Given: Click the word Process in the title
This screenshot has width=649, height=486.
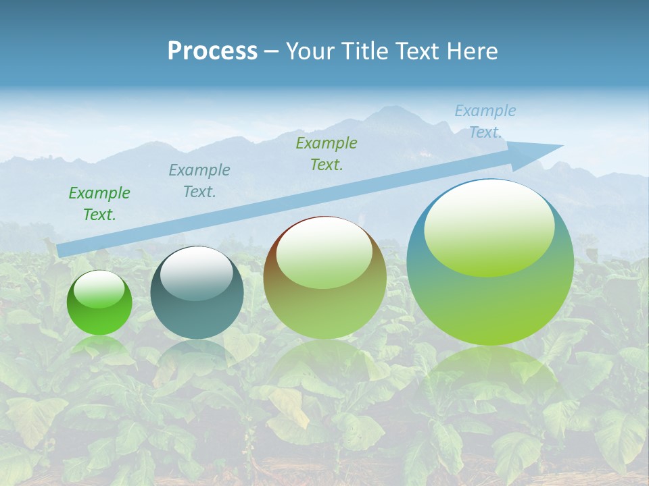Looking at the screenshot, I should coord(212,51).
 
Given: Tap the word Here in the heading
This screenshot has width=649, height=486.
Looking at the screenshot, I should coord(471,51).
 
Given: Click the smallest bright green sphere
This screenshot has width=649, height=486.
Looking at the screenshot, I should coord(99,304).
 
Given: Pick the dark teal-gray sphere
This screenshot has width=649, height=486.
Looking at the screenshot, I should coord(197,297).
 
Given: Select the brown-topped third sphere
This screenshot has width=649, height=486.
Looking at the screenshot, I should coord(324,283).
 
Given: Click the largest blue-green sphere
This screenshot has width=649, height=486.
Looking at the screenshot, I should coord(490,270).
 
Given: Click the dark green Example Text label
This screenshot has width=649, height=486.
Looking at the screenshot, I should coord(99,204).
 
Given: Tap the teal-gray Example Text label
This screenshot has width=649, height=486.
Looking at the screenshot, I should coord(199,181).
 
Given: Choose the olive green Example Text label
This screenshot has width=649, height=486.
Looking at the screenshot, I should coord(327,154).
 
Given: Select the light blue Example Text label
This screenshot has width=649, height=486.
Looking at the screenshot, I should coord(485,122).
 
